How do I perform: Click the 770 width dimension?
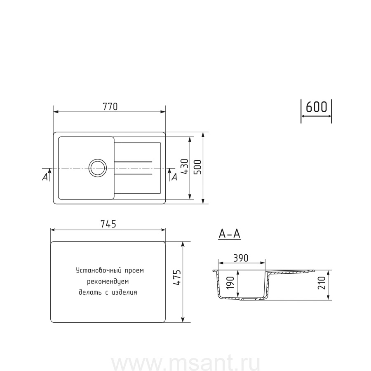[x=110, y=107]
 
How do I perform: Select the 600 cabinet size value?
[x=316, y=107]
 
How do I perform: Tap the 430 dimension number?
[x=185, y=167]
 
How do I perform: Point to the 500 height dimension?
[x=198, y=167]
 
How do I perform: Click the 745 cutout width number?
[x=108, y=224]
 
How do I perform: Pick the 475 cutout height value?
[x=177, y=277]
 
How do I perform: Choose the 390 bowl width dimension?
[x=241, y=258]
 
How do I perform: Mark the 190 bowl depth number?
[x=230, y=283]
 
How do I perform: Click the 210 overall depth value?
[x=322, y=283]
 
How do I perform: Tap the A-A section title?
[x=230, y=234]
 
